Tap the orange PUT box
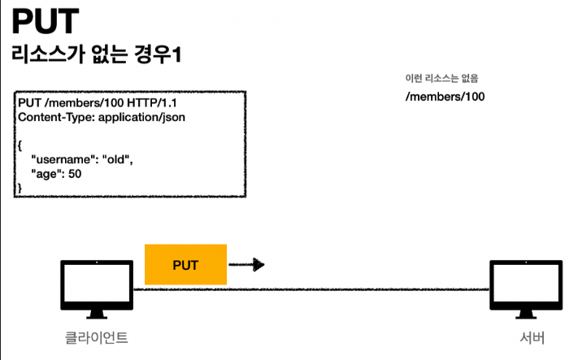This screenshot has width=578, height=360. pyautogui.click(x=185, y=265)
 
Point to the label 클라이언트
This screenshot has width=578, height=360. pyautogui.click(x=96, y=336)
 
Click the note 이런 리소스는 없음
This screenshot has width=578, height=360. pyautogui.click(x=441, y=79)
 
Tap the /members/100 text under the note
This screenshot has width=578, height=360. pyautogui.click(x=445, y=97)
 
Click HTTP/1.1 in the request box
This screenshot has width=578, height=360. pyautogui.click(x=170, y=102)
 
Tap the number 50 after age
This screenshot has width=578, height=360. pyautogui.click(x=74, y=173)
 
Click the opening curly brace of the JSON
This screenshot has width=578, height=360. pyautogui.click(x=20, y=144)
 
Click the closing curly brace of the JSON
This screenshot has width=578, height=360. pyautogui.click(x=20, y=188)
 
